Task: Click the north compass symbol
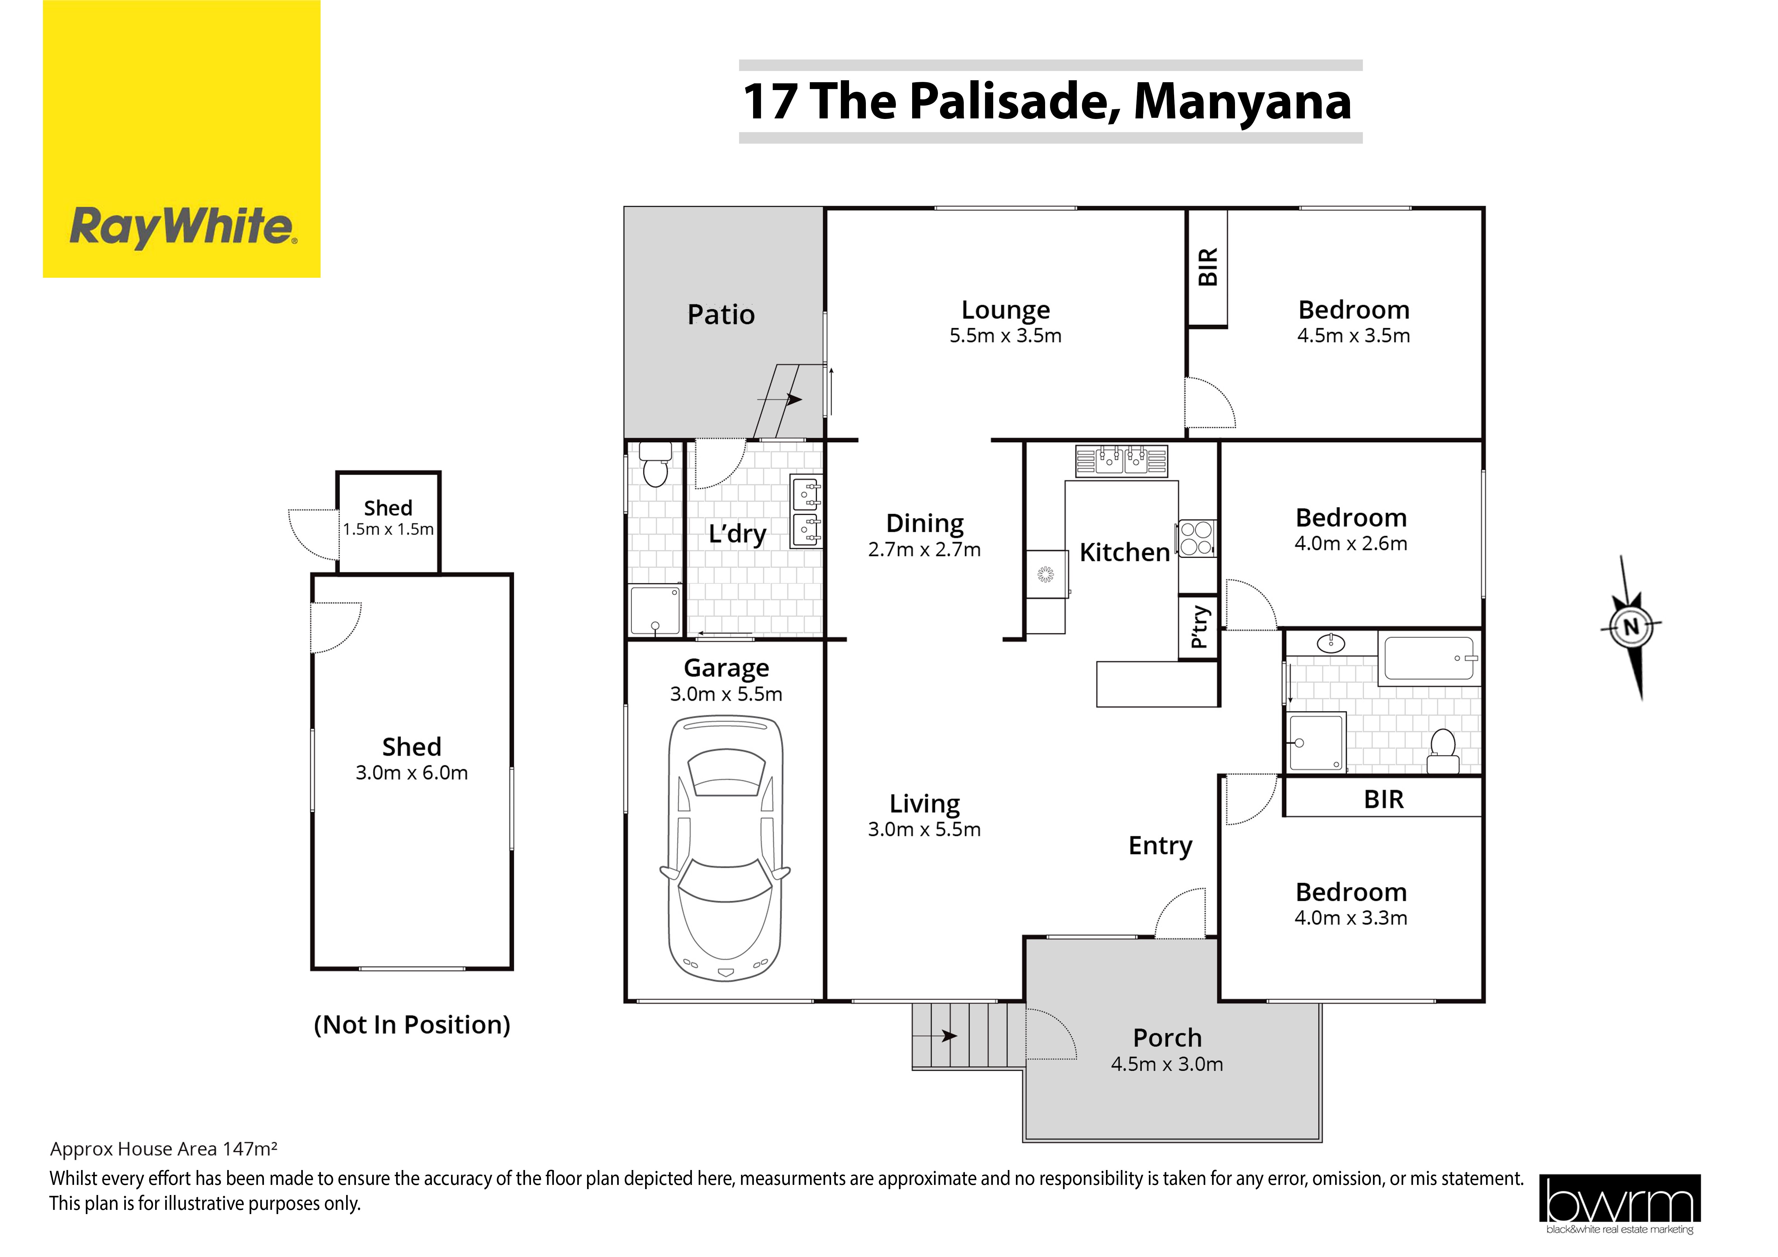click(1631, 627)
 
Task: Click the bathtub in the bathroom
click(1430, 658)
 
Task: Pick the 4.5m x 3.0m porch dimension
click(1167, 1064)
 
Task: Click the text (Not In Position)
click(412, 1025)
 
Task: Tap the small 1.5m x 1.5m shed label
click(388, 530)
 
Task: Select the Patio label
click(721, 315)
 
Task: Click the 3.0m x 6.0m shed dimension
click(412, 773)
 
